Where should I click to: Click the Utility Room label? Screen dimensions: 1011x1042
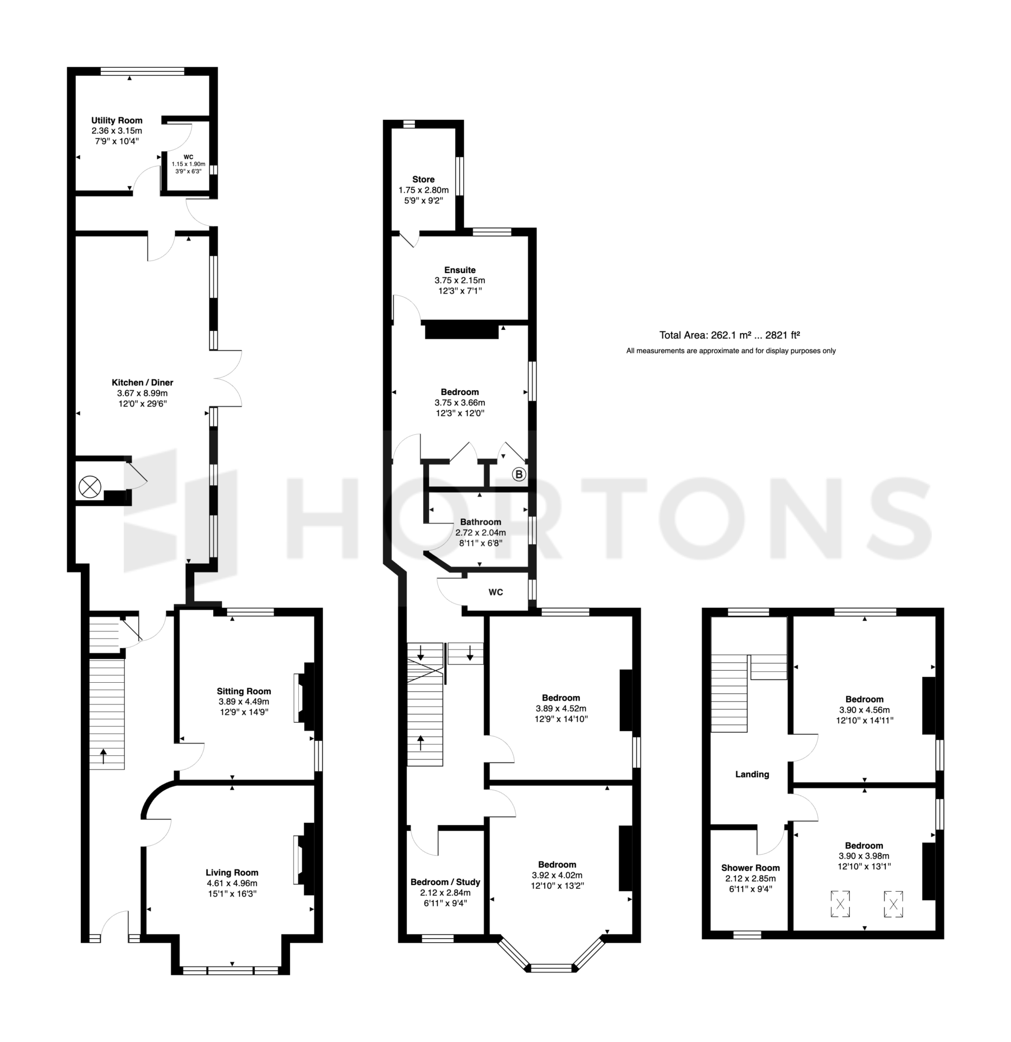[117, 120]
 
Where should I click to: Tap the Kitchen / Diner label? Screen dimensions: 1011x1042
[143, 383]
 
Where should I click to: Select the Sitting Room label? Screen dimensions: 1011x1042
[244, 691]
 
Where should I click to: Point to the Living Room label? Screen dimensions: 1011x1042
[232, 873]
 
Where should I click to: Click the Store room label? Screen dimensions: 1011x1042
[424, 180]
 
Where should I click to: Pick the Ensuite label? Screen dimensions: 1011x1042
[460, 270]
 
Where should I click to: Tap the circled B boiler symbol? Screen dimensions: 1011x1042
[519, 475]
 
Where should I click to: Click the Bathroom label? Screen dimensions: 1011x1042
[481, 522]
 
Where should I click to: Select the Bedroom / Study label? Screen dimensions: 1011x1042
[445, 882]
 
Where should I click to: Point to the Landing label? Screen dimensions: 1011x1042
[752, 774]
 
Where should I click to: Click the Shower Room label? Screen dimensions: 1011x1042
[751, 868]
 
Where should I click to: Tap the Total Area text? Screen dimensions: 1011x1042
[730, 335]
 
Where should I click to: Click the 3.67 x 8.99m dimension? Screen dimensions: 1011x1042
[143, 393]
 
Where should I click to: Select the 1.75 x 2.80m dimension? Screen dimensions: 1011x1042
[424, 190]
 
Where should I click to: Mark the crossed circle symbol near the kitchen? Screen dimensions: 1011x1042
[90, 487]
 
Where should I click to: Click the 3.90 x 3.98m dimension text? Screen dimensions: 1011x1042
[864, 856]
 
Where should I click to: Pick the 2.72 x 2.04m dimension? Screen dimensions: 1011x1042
[481, 533]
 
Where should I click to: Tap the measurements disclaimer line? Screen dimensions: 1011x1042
[731, 351]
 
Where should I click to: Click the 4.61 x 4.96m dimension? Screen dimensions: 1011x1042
[232, 884]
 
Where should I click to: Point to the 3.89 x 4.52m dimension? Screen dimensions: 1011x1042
[561, 709]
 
